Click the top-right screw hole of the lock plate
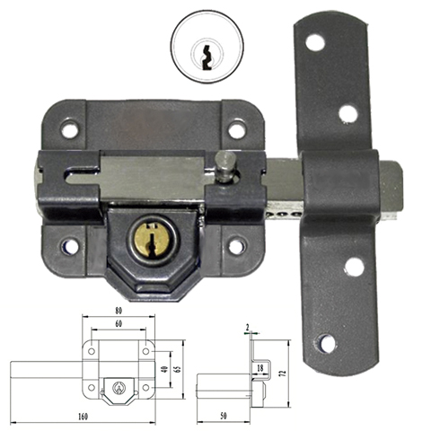point(236,131)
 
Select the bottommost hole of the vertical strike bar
point(327,343)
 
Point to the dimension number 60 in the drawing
point(120,325)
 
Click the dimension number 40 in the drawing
point(164,369)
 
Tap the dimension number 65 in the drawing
point(178,369)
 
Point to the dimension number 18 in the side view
point(259,368)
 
